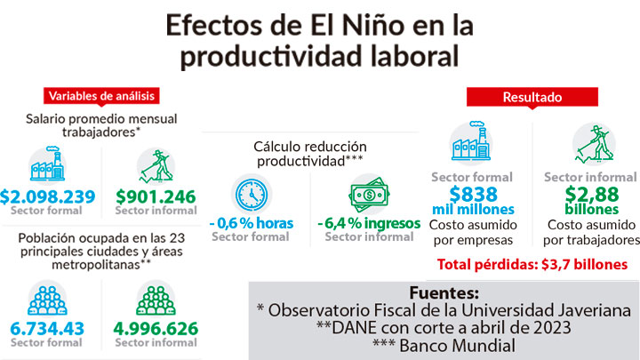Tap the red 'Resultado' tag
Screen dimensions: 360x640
[x=532, y=96]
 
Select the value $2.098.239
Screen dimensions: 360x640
[x=48, y=196]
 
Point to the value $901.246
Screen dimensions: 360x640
[x=156, y=196]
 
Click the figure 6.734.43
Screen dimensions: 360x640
[x=48, y=329]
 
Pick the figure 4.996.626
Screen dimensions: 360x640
[x=156, y=329]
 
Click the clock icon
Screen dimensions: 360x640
[x=252, y=195]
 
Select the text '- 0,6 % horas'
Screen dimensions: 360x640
[x=251, y=223]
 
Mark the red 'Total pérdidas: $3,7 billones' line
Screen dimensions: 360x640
[x=532, y=265]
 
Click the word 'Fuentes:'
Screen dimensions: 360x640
[x=444, y=292]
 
